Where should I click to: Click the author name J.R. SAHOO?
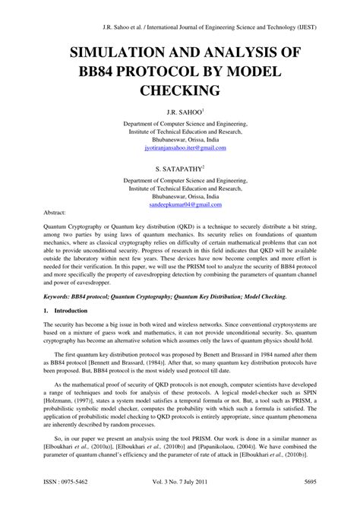178,112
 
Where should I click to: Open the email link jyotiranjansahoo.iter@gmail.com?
180,150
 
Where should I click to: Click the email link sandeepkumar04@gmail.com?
180,205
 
